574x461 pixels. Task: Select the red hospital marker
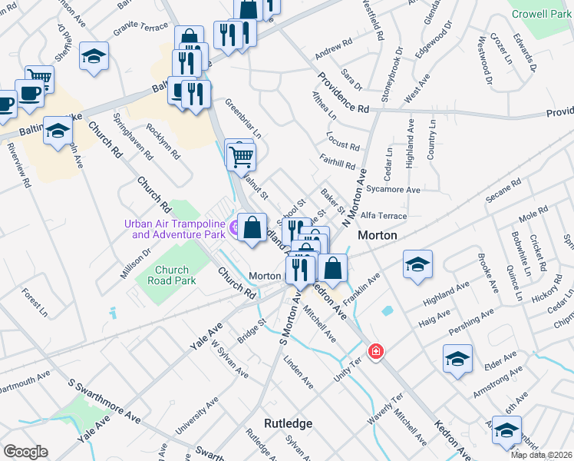click(376, 352)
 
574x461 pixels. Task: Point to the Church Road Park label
click(172, 275)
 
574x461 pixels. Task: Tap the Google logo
click(25, 451)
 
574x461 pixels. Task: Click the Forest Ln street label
click(35, 303)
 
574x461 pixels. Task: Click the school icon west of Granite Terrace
click(94, 56)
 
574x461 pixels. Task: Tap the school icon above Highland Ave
click(417, 264)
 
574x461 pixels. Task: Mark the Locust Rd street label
click(343, 145)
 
